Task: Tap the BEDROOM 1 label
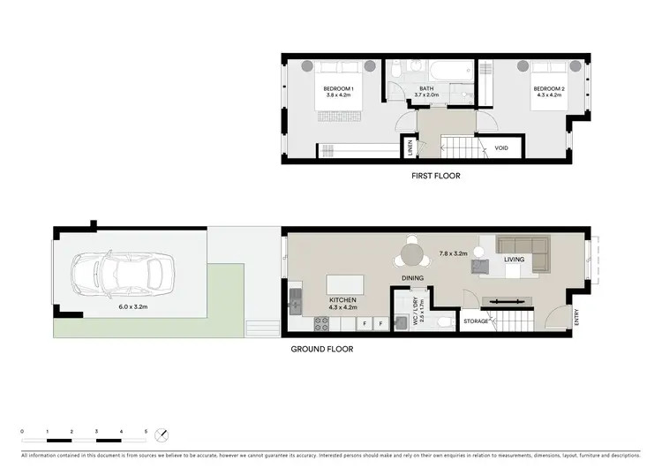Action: tap(338, 89)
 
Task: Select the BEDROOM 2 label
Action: tap(548, 89)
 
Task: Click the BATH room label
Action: tap(426, 89)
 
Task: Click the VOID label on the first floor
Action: tap(501, 147)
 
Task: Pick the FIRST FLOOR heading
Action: tap(436, 176)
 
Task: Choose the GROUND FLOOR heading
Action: tap(322, 349)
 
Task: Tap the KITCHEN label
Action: tap(342, 300)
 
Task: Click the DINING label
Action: tap(412, 278)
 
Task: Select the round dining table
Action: tap(412, 254)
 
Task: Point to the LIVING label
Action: tap(514, 260)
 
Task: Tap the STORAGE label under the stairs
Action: tap(477, 321)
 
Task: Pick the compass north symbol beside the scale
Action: tap(160, 434)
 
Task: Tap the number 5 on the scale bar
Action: tap(147, 429)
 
